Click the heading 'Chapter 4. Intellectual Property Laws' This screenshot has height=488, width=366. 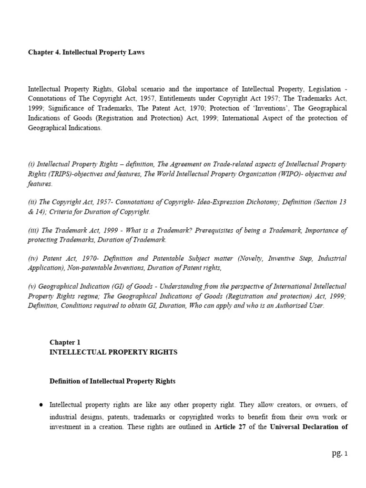[x=86, y=52]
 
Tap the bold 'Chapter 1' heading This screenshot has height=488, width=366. [x=62, y=342]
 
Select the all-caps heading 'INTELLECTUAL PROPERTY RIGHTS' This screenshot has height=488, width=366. [x=113, y=352]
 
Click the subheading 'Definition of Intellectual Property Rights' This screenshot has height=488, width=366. [x=112, y=381]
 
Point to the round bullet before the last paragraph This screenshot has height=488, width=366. [x=41, y=405]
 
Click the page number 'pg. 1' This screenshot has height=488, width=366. [x=340, y=454]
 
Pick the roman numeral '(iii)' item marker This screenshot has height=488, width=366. [x=35, y=230]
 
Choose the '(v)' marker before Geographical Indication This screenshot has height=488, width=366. [x=34, y=286]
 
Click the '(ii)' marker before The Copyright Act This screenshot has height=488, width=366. [x=34, y=202]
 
